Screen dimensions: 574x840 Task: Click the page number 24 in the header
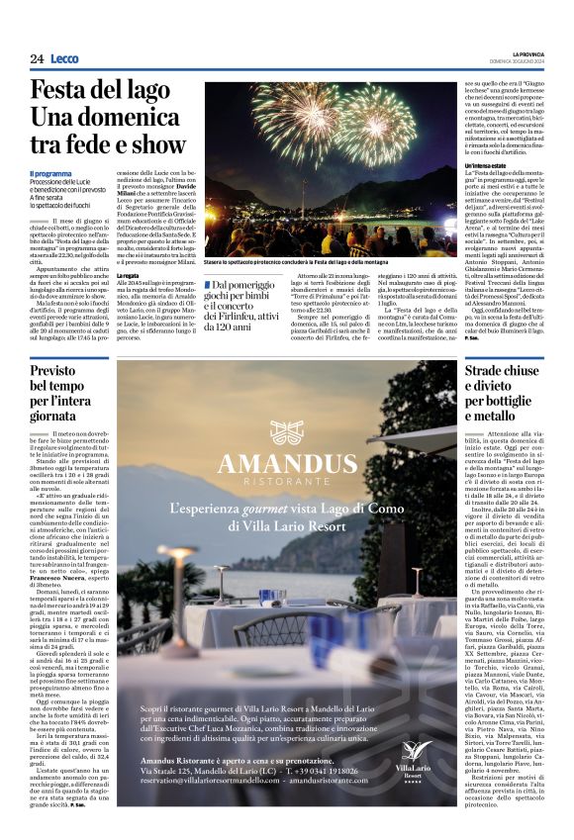37,59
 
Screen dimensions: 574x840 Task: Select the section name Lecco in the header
65,59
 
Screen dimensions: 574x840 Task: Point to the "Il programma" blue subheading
50,174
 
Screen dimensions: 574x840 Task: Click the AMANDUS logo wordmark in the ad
287,464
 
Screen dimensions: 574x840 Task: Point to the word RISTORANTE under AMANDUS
287,487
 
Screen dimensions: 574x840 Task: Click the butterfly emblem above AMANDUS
287,430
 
